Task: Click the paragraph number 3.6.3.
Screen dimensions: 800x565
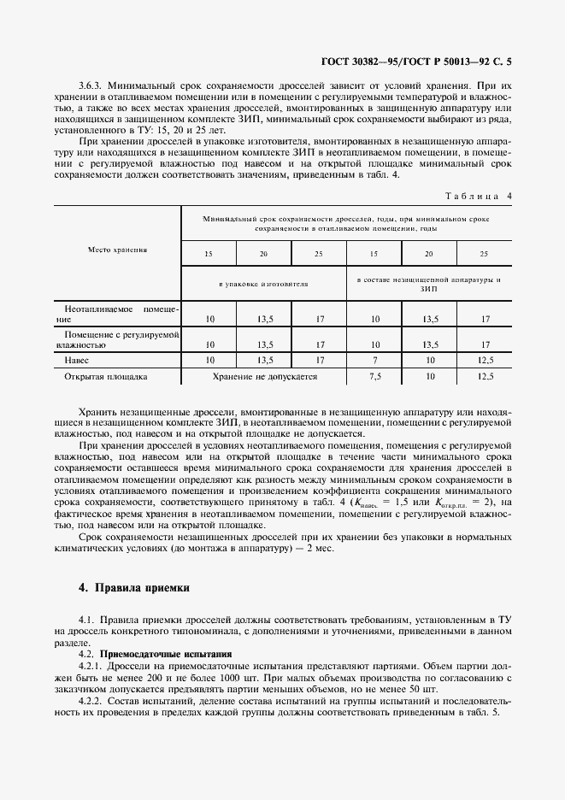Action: point(91,86)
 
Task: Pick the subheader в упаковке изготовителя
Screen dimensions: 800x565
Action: point(263,282)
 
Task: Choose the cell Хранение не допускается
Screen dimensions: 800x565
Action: point(263,375)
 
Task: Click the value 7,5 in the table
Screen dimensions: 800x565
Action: point(374,375)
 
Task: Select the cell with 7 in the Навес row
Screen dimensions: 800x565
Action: point(374,361)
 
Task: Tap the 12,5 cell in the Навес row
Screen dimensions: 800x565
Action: point(485,361)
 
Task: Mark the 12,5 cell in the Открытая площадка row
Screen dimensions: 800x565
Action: point(485,375)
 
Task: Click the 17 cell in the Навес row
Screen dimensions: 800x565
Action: point(319,361)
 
